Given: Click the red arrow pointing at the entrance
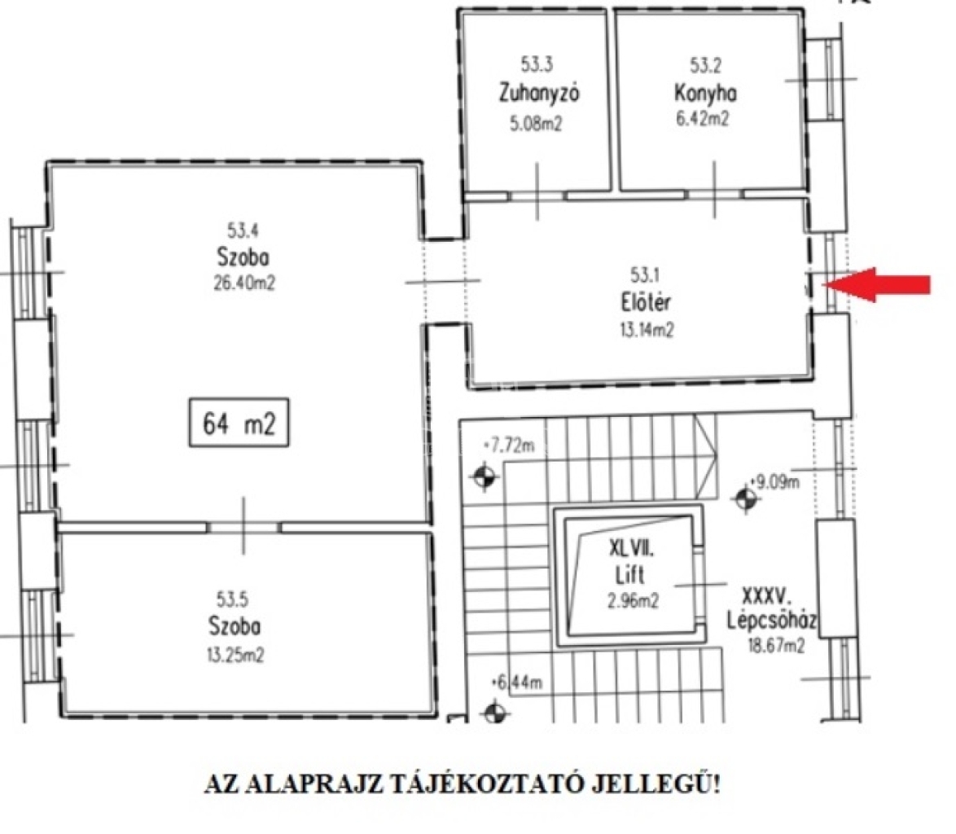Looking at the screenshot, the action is [877, 285].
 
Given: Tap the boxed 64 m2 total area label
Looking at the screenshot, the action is [239, 423].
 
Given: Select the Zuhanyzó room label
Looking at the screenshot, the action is [539, 93].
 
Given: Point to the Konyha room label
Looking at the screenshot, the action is [705, 93].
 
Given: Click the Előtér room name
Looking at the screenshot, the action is [647, 302].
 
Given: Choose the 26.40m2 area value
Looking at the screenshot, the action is [243, 283].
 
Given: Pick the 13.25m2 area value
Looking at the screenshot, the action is [235, 656].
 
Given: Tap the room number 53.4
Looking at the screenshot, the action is [243, 230].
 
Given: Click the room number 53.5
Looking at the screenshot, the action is [232, 599].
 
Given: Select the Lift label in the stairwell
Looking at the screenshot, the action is [629, 575].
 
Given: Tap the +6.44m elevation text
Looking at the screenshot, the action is [516, 683].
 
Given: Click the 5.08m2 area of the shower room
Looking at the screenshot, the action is [536, 124].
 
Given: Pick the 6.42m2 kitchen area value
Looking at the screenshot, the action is [702, 118].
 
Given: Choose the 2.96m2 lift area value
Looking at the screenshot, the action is [633, 601].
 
